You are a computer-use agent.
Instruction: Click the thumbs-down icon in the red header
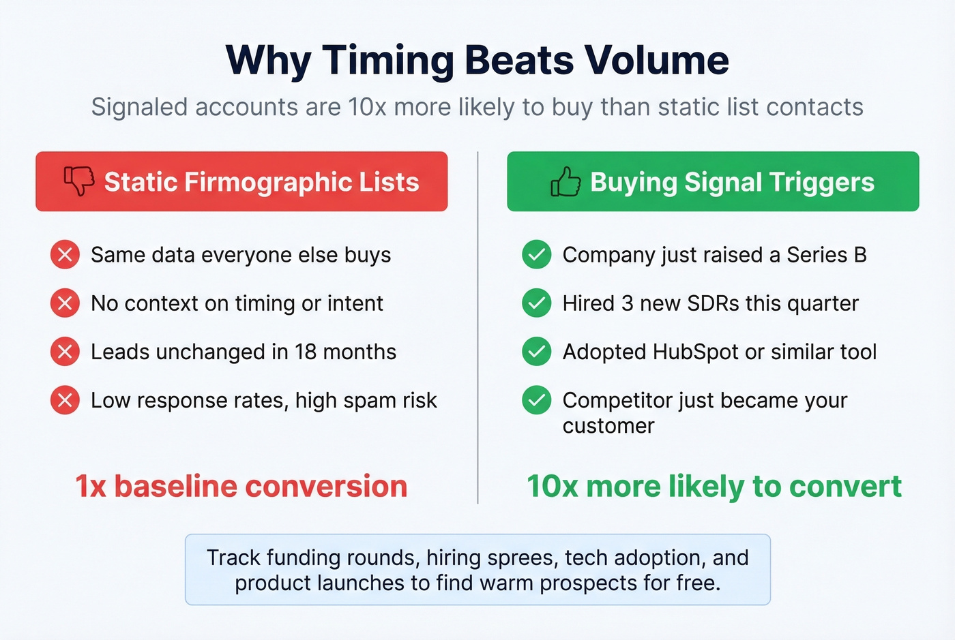[79, 181]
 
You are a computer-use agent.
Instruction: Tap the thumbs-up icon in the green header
[565, 182]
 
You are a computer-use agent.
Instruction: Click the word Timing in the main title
[388, 61]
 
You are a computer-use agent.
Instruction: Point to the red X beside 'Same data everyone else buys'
[65, 255]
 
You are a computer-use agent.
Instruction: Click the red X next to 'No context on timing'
[65, 303]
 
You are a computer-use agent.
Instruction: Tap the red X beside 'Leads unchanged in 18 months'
[65, 352]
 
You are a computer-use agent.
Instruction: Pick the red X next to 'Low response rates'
[65, 400]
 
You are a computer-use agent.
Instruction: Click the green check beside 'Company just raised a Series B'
[537, 255]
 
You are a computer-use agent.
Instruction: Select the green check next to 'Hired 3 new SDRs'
[537, 303]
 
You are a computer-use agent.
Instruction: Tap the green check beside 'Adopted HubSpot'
[537, 352]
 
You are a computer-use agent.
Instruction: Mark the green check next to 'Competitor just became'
[537, 400]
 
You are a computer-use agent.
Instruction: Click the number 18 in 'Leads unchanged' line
[306, 352]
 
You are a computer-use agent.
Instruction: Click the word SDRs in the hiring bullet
[714, 303]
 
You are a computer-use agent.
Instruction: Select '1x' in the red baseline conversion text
[90, 487]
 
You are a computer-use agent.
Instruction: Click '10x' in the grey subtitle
[368, 108]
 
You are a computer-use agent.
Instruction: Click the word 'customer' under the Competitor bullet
[608, 426]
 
